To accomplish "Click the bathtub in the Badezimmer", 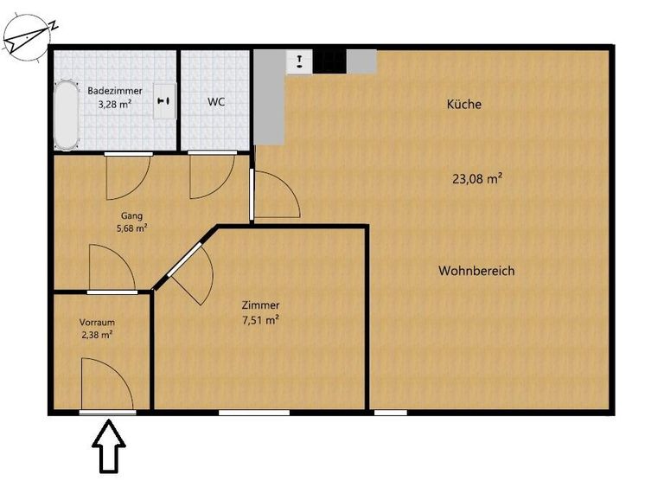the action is [x=66, y=115].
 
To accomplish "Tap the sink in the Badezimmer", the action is [x=164, y=101].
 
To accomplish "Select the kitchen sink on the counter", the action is [x=299, y=62].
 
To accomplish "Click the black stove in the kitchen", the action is [x=330, y=61].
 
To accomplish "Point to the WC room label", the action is [x=216, y=102].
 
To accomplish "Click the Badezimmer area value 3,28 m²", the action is [x=114, y=105].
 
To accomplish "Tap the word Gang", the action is [x=131, y=215].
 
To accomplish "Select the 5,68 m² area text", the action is [x=131, y=228].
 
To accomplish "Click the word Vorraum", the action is [x=97, y=323].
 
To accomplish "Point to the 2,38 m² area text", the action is [x=97, y=335].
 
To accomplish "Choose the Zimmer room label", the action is [x=260, y=305].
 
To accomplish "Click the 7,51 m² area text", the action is [x=260, y=320].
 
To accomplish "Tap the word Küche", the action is [x=464, y=105].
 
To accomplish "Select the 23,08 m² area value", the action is [x=477, y=178].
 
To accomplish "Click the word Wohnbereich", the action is [x=476, y=271].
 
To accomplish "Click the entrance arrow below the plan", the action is [x=109, y=446].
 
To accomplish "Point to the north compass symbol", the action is [x=28, y=37].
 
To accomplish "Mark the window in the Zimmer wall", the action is [x=254, y=413].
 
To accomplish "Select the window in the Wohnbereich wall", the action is [x=391, y=413].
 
